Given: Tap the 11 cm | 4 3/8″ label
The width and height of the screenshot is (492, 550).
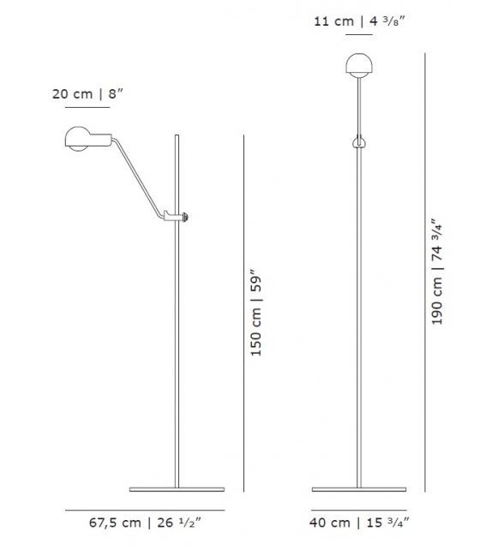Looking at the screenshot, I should [x=358, y=21].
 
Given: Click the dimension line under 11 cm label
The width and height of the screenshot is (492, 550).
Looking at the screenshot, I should [x=358, y=37].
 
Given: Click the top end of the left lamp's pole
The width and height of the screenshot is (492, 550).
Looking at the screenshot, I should [x=177, y=136].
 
